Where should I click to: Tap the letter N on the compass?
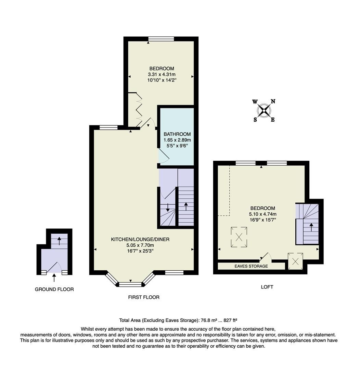click(x=273, y=101)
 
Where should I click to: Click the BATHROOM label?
click(x=177, y=134)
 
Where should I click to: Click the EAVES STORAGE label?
click(x=251, y=266)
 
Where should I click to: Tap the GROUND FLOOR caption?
click(x=54, y=289)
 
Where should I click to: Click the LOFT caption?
click(x=267, y=287)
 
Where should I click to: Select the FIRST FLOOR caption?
click(x=144, y=297)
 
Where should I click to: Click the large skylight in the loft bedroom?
click(x=240, y=237)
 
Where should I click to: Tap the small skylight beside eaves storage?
click(x=296, y=261)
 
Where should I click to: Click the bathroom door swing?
click(x=164, y=157)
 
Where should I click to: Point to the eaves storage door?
click(x=266, y=257)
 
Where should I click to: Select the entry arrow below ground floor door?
click(x=54, y=278)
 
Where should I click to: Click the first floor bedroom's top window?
click(x=161, y=39)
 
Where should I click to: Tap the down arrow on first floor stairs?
click(x=168, y=208)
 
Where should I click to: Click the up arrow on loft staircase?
click(x=311, y=227)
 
